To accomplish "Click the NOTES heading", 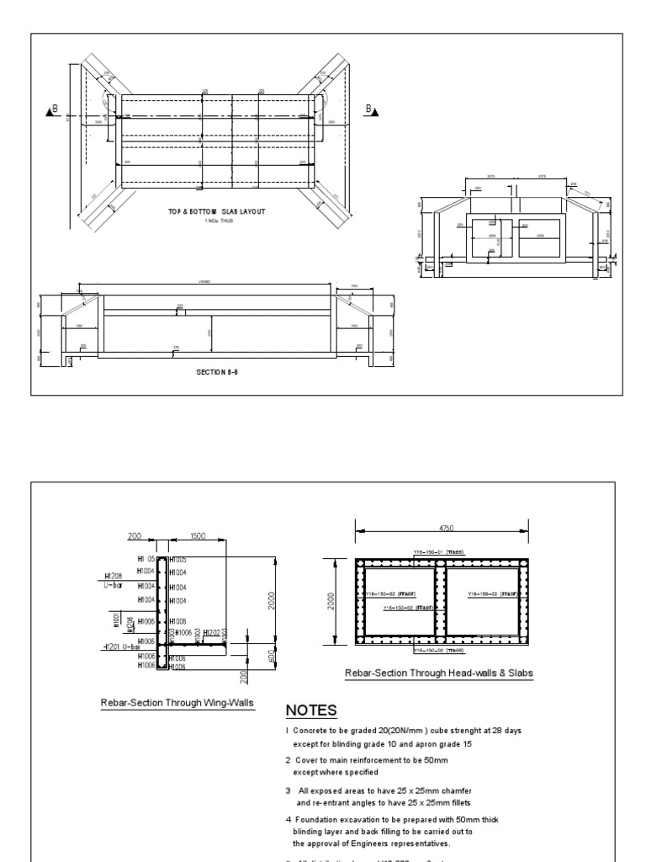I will coord(312,709).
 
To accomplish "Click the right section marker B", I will coord(370,109).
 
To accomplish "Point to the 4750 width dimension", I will coord(445,527).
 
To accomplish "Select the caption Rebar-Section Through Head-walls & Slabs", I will coord(438,673).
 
